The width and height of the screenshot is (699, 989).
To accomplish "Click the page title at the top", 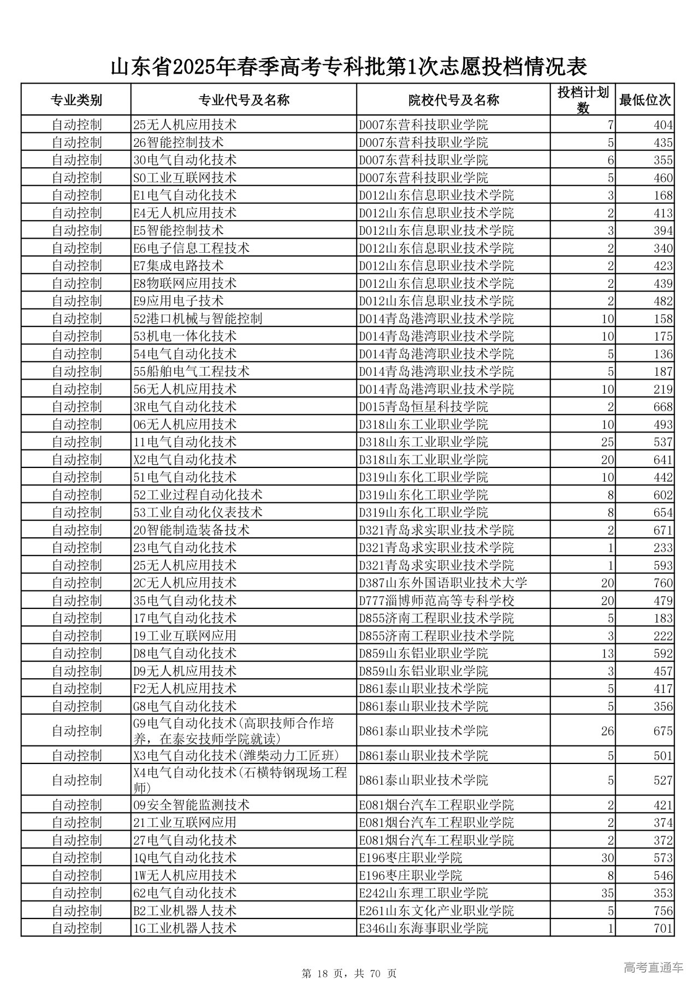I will tap(349, 67).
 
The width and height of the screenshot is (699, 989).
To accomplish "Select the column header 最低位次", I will tap(644, 100).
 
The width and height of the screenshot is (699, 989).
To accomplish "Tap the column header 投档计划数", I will tap(583, 100).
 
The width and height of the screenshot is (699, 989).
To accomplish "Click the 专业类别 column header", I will tap(76, 100).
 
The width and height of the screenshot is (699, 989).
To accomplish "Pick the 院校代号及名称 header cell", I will tap(453, 100).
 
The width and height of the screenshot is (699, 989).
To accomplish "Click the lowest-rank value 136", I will tap(663, 354).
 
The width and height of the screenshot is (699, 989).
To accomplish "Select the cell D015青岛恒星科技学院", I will tap(423, 407).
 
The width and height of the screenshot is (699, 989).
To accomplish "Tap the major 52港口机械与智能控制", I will tap(198, 318).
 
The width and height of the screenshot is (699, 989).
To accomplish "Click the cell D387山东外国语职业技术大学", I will tap(443, 583).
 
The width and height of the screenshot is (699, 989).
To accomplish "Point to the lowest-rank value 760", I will tap(663, 583).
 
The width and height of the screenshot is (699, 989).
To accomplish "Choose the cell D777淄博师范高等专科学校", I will tap(436, 601).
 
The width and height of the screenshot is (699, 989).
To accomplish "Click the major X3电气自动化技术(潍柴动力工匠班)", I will tap(236, 756).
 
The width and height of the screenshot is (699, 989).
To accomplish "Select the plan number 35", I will tap(607, 893).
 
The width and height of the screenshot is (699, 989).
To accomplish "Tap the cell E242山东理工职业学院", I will tap(423, 893).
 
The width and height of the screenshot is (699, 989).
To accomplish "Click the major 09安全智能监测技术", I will tap(191, 805).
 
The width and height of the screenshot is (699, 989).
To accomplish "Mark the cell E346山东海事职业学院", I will tap(423, 928).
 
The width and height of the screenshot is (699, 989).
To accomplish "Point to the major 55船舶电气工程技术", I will tap(191, 371).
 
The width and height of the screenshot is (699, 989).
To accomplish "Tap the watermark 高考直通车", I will tap(653, 968).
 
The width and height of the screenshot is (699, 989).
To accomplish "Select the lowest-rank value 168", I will tap(663, 196).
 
